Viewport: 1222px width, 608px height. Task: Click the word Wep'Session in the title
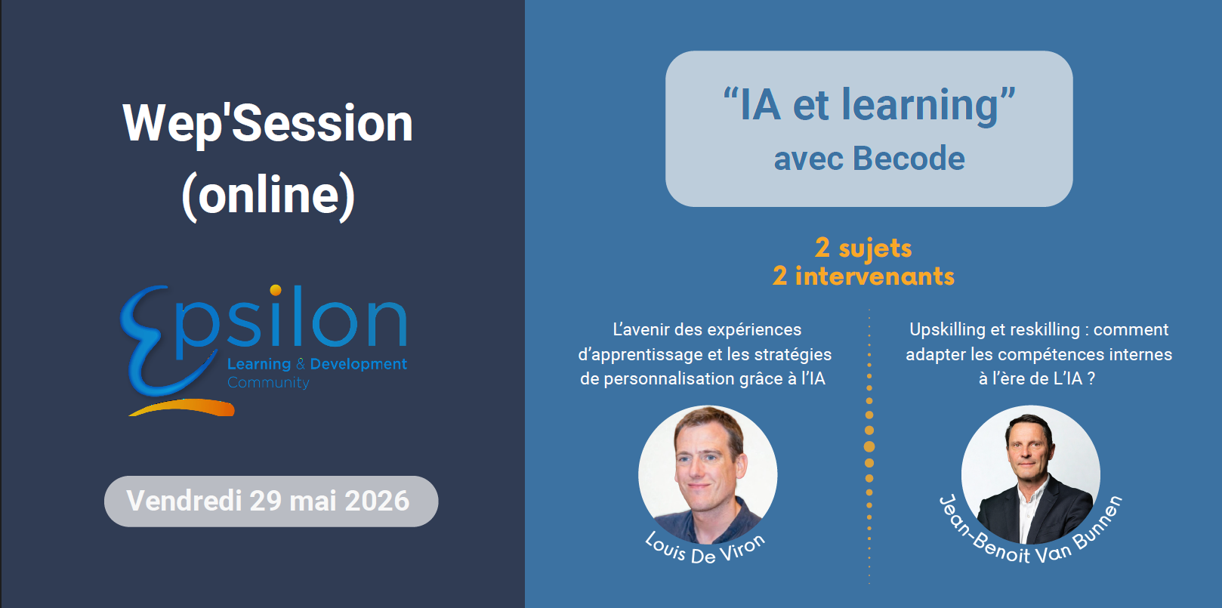click(x=268, y=124)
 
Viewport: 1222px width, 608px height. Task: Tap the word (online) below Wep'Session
click(x=268, y=196)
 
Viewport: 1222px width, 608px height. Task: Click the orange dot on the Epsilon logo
click(x=276, y=290)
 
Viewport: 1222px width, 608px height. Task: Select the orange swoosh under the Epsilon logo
click(x=182, y=408)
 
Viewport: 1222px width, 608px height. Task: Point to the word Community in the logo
click(x=268, y=383)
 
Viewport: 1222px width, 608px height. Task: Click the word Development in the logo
click(x=359, y=364)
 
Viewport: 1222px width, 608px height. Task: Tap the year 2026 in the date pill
click(x=377, y=501)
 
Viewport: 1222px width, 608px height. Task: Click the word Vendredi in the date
click(x=184, y=501)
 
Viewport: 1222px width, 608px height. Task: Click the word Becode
click(x=909, y=159)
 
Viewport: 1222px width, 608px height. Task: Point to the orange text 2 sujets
click(x=863, y=248)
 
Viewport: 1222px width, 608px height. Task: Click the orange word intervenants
click(x=875, y=276)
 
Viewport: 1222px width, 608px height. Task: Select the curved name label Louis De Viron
click(x=705, y=548)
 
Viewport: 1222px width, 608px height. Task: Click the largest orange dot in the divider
click(x=869, y=446)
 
